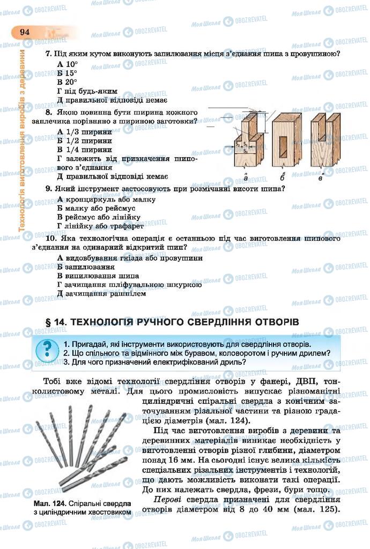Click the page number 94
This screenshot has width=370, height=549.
click(x=25, y=32)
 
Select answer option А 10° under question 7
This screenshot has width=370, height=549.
click(x=67, y=64)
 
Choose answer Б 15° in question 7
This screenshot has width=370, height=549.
click(x=67, y=73)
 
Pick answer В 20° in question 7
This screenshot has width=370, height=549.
click(x=67, y=82)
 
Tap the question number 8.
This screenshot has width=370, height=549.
click(x=48, y=113)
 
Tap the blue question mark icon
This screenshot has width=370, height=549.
click(x=47, y=349)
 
